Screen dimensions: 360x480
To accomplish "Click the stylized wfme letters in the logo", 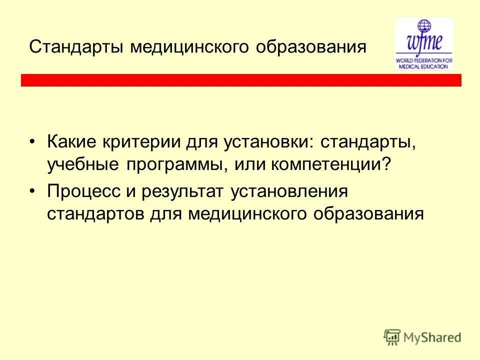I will point(423,42).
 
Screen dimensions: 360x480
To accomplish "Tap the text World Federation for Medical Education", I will point(423,62).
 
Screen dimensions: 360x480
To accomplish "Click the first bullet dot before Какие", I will point(32,142).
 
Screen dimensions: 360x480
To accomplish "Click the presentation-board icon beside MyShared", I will point(392,336).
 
